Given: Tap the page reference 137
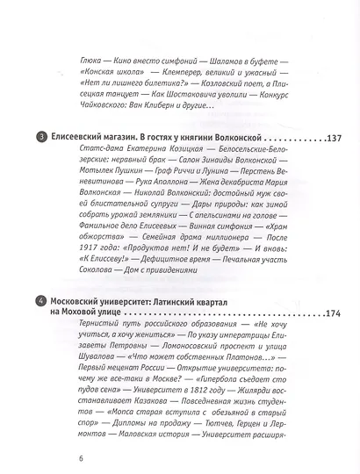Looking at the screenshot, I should tap(338, 139).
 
